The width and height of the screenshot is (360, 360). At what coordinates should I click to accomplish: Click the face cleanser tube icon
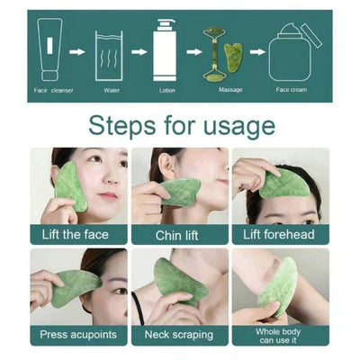51,51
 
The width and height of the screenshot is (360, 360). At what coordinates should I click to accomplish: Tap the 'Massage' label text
229,90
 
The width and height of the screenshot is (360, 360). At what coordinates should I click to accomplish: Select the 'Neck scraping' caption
178,334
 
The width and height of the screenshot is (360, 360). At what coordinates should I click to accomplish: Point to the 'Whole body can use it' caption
281,334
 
